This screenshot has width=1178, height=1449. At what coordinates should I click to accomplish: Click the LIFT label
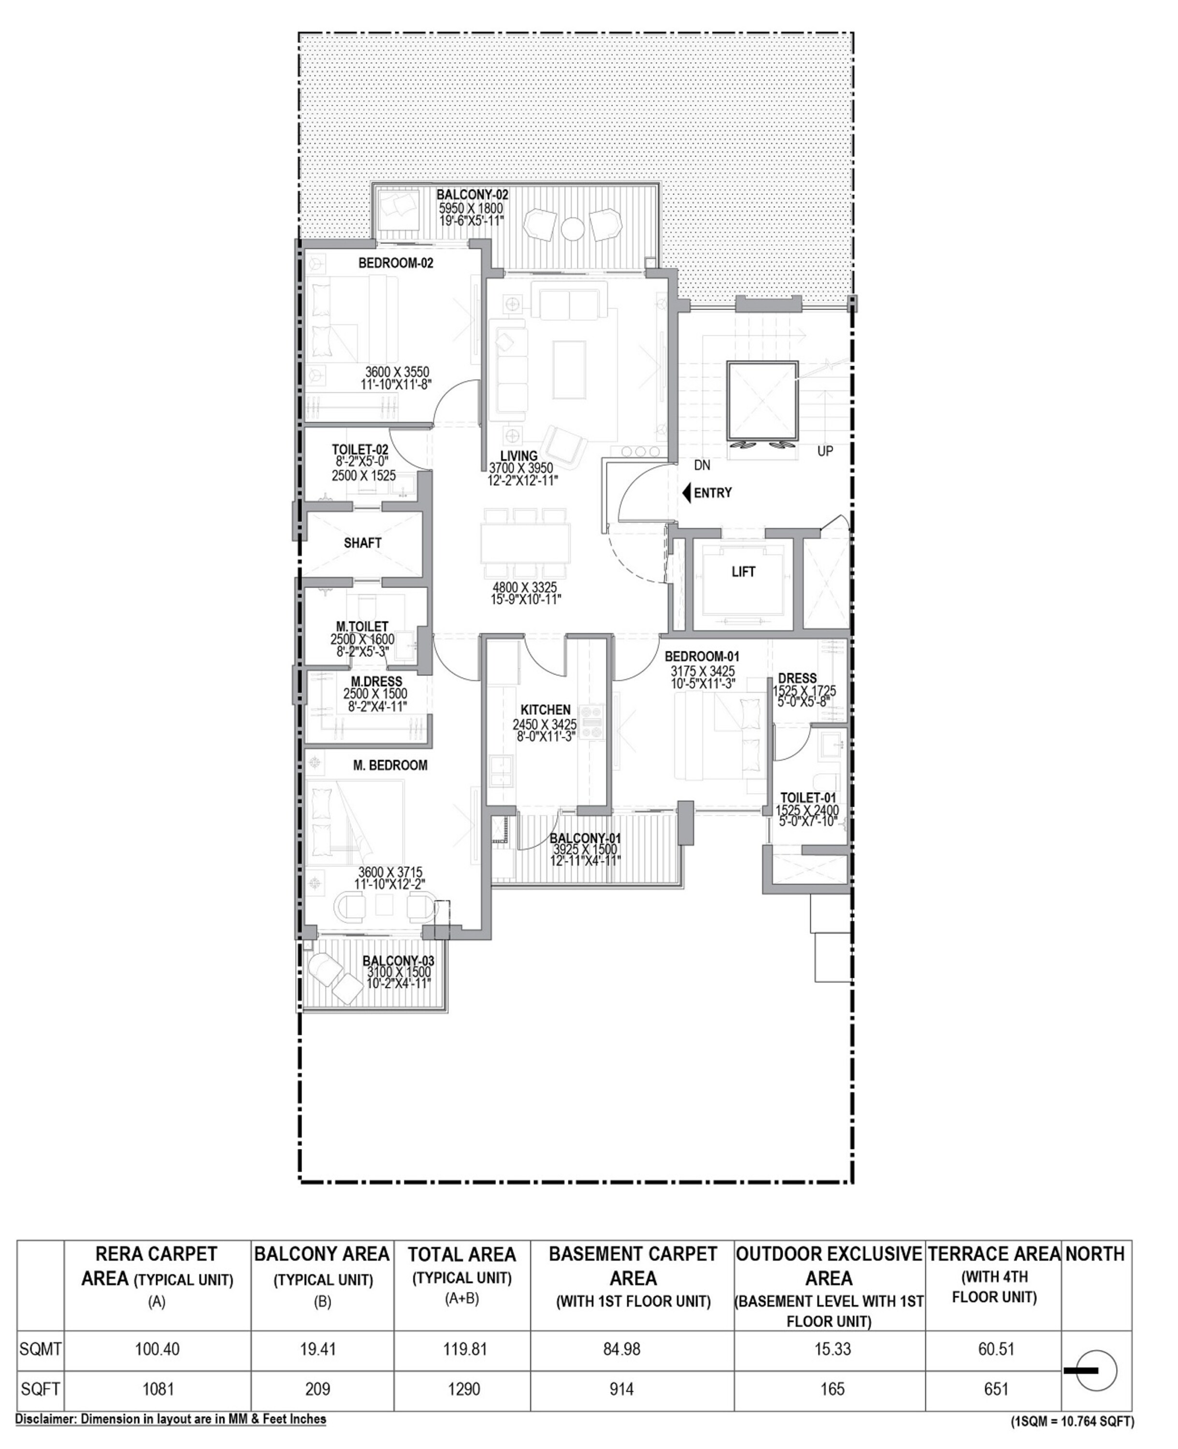pyautogui.click(x=743, y=572)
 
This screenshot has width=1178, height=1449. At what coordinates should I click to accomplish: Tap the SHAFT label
pyautogui.click(x=362, y=543)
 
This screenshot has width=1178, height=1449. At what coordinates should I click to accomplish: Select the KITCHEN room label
pyautogui.click(x=545, y=710)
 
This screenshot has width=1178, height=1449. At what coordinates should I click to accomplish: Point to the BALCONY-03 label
pyautogui.click(x=398, y=961)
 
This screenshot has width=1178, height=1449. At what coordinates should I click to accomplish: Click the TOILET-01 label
pyautogui.click(x=807, y=798)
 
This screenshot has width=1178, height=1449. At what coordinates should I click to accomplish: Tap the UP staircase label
pyautogui.click(x=825, y=451)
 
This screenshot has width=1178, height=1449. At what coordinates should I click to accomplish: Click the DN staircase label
pyautogui.click(x=703, y=465)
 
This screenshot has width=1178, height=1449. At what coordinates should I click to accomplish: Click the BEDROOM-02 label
pyautogui.click(x=396, y=263)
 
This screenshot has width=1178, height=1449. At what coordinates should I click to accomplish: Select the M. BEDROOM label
pyautogui.click(x=390, y=765)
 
